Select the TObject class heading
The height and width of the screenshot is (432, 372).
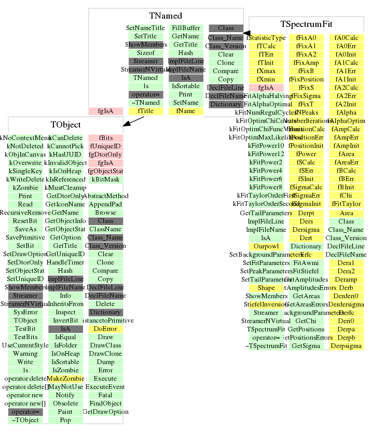coord(65,125)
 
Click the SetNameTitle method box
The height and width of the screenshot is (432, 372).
coord(146,27)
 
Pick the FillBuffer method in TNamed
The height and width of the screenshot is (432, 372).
coord(186,27)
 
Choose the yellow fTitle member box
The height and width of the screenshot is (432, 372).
coord(146,111)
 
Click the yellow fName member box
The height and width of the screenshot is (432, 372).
coord(186,111)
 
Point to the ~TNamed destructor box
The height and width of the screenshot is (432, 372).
coord(146,103)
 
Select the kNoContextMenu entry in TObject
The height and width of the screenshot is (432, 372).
coord(24,138)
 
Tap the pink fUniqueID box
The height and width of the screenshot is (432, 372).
coord(105,146)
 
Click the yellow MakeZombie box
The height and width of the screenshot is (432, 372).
coord(65,379)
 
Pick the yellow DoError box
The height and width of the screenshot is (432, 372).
coord(105,329)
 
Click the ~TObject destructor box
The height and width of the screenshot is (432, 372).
coord(25,420)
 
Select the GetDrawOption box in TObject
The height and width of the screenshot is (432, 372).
coord(105,412)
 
